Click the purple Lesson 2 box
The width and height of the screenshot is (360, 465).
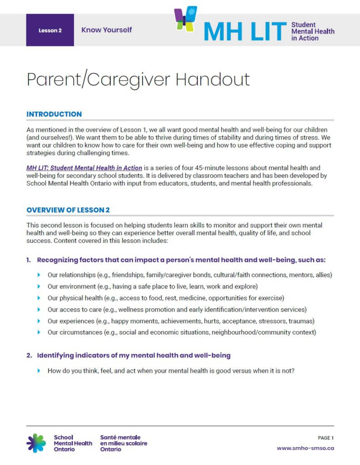pos(50,30)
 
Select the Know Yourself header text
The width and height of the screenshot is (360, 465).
pos(106,30)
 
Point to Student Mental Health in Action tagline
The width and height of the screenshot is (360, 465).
pos(312,31)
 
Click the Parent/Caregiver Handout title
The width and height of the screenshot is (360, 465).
pos(138,79)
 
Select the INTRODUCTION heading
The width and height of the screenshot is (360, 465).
pos(54,114)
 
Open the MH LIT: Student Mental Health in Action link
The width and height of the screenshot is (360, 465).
pos(84,168)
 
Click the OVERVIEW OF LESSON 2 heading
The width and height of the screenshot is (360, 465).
pos(68,210)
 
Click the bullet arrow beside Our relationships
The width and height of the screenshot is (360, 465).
pos(39,275)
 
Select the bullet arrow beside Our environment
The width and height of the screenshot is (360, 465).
pos(39,287)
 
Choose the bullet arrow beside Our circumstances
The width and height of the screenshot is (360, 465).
pos(39,332)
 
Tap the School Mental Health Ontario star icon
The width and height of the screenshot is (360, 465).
pos(36,443)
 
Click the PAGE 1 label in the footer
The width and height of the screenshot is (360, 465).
pos(325,438)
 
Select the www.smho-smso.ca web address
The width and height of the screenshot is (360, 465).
pos(305,448)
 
